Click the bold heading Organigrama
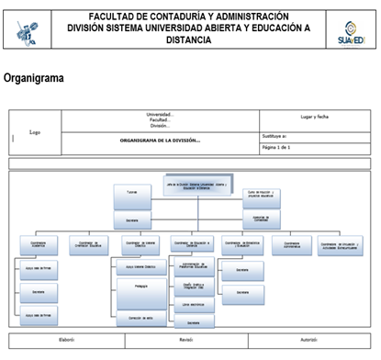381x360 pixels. [x=35, y=79]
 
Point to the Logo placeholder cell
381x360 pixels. [x=35, y=131]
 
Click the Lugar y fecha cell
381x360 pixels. [x=314, y=118]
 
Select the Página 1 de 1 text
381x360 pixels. [x=276, y=147]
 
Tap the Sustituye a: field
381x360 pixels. [x=276, y=136]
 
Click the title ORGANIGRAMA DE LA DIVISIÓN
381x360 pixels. [x=160, y=141]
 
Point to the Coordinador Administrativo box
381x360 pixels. [x=292, y=243]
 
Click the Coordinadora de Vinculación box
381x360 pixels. [x=341, y=243]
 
